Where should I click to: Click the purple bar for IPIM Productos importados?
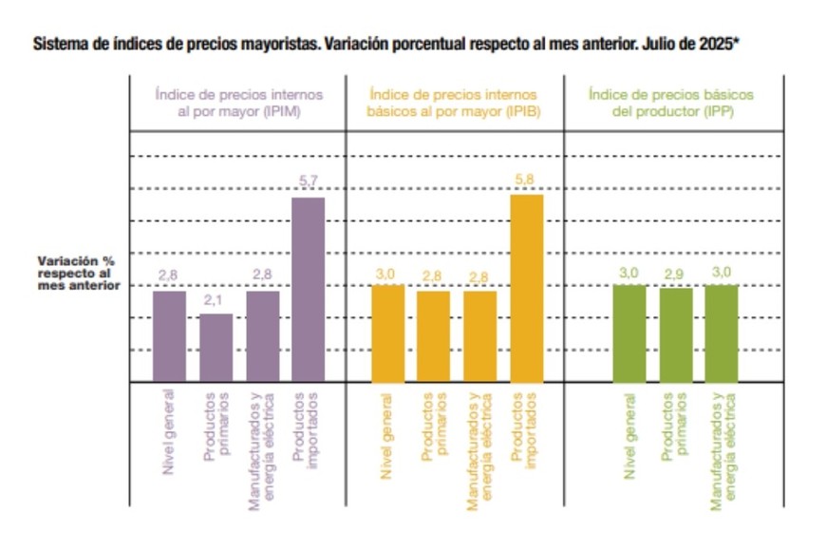point(308,290)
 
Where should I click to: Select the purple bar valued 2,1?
point(216,348)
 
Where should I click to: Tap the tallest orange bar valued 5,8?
point(527,289)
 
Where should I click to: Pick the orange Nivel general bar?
point(387,333)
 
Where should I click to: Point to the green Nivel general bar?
point(629,333)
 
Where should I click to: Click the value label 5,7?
point(309,180)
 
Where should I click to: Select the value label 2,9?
point(675,274)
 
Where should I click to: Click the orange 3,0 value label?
point(387,274)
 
